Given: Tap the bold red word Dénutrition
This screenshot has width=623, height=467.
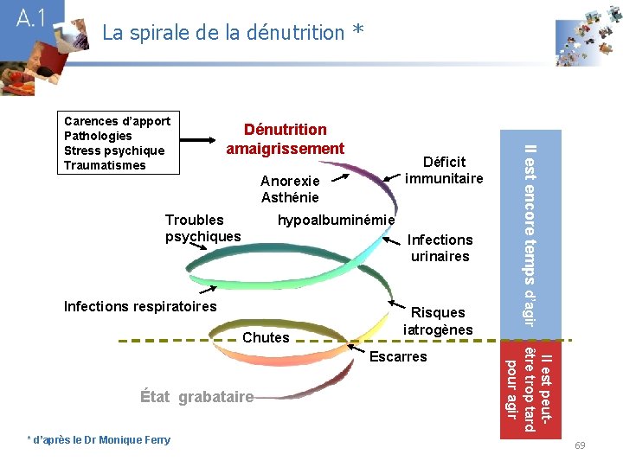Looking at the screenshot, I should pos(286,130).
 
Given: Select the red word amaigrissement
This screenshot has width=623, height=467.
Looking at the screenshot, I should pos(286,149).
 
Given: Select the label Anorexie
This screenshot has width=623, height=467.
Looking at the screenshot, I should pos(290,182).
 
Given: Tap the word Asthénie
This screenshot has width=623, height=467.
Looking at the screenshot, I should pos(290,198).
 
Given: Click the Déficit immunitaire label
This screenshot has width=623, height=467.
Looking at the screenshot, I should pos(444,170).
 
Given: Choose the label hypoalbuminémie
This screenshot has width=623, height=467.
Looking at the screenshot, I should pos(336,221).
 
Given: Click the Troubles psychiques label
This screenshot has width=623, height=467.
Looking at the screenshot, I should pos(202,228).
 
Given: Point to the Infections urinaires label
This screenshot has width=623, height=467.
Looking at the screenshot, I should pos(440,247).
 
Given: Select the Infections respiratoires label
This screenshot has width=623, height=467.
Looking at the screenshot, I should pos(141,306).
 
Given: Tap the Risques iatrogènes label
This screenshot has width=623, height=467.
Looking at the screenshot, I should pos(438,321).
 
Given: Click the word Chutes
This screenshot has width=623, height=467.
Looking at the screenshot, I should pos(266,337).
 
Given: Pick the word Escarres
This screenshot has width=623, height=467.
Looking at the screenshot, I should pos(398,356).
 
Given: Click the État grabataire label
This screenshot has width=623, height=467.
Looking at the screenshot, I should pos(196,397).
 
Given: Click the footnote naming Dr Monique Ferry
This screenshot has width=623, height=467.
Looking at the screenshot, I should pos(100,440).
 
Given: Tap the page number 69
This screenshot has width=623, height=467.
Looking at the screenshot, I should pos(580,445).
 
